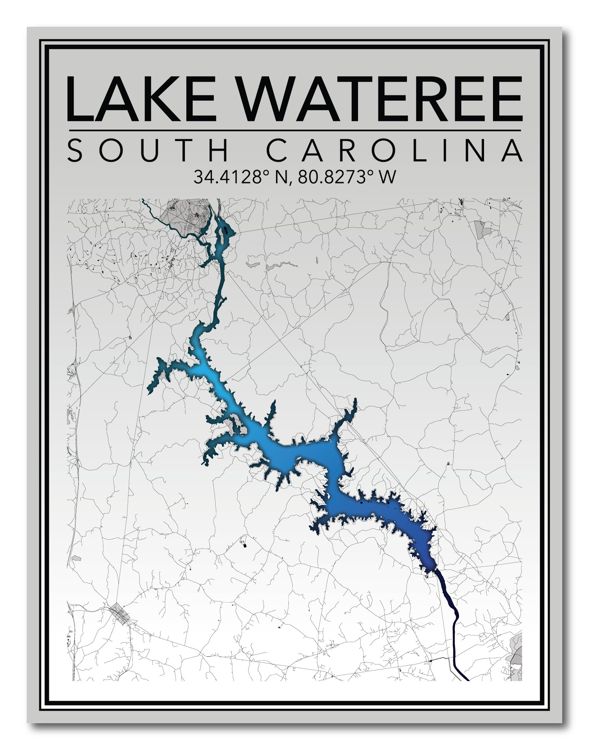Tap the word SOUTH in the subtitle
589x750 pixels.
(x=147, y=151)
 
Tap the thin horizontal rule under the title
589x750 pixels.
(x=294, y=131)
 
